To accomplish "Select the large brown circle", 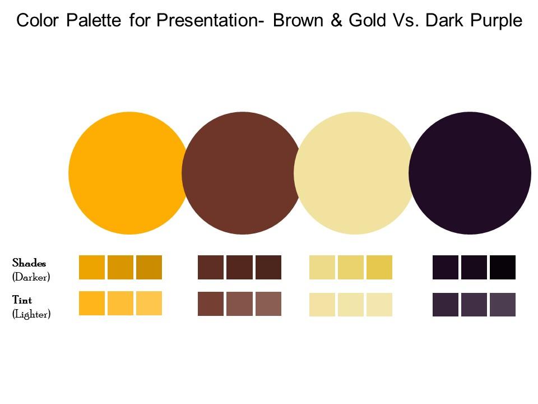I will [x=242, y=173].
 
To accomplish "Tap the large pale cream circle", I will [x=354, y=173].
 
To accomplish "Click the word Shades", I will [x=29, y=263].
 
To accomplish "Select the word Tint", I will [x=22, y=301].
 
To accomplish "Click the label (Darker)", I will [x=31, y=277].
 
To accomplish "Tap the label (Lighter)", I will [x=31, y=314].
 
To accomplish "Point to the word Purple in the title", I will [x=493, y=21].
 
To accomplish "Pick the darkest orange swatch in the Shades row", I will [x=149, y=267].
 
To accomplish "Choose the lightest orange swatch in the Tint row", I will [x=149, y=303].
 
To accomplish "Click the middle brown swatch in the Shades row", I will [x=239, y=267].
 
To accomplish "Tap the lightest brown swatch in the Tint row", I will [x=268, y=304].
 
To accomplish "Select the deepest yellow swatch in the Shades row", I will [x=379, y=267].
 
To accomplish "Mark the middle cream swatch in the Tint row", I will [x=351, y=305].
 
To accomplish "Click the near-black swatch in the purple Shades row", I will [x=503, y=267].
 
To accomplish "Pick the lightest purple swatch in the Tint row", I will [x=503, y=305].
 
